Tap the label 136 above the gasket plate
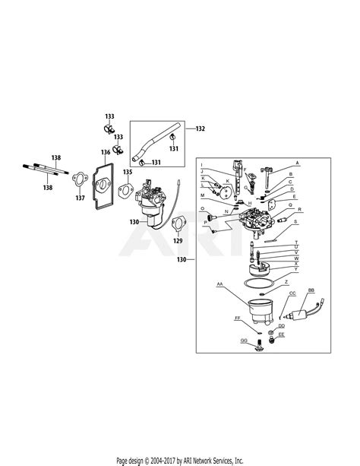click(x=106, y=152)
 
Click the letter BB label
click(x=311, y=291)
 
